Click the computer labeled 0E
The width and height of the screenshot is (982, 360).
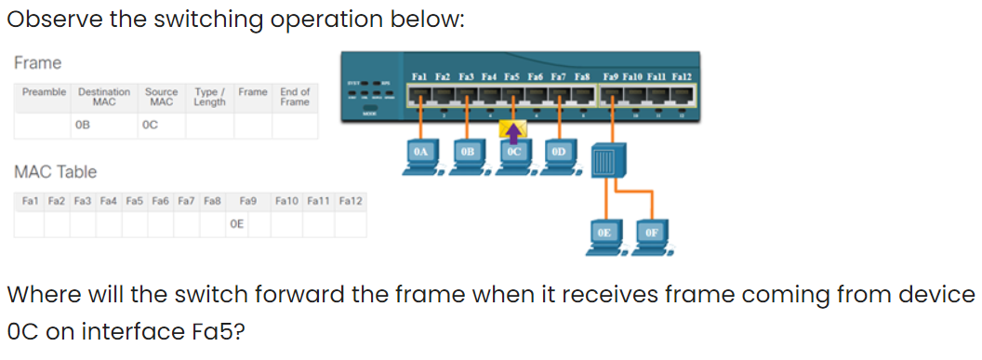point(604,237)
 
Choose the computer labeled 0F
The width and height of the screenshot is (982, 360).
point(650,237)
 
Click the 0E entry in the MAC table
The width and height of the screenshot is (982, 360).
point(237,223)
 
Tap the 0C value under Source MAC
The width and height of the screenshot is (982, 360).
point(149,124)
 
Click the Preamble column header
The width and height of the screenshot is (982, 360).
point(45,92)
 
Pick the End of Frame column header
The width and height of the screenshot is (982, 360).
point(295,97)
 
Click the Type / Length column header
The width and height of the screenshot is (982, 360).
point(209,97)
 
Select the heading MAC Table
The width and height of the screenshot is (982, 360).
point(55,171)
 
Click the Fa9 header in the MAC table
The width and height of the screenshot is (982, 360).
point(248,200)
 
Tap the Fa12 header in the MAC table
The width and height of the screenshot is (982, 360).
point(352,200)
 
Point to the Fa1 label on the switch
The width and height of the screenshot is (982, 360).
point(418,75)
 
